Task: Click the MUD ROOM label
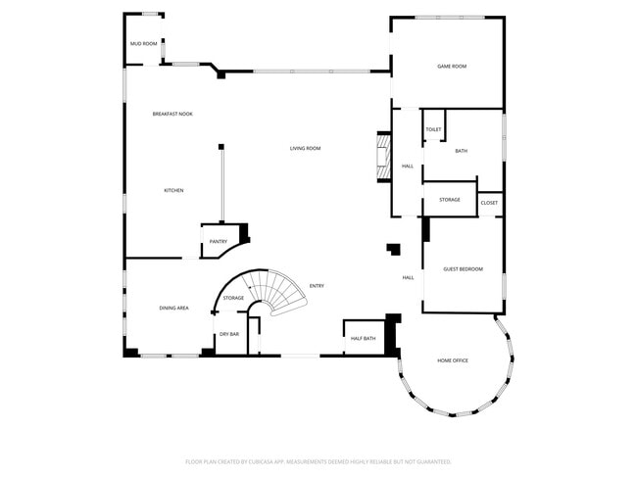coord(144,43)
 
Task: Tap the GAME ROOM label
coord(452,66)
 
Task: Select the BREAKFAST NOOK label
coord(172,115)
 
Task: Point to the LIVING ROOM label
coord(305,149)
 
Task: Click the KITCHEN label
coord(173,190)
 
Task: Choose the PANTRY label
coord(218,241)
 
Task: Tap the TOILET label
coord(433,129)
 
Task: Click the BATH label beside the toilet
coord(461,151)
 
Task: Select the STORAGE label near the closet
coord(450,200)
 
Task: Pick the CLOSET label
coord(489,203)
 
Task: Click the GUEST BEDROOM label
coord(463,269)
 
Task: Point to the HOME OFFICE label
coord(453,360)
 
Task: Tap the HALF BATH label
coord(363,339)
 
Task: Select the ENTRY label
coord(317,286)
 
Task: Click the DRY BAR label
coord(229,335)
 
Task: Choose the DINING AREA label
coord(173,309)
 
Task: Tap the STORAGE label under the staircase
coord(233,298)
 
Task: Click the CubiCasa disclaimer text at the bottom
coord(318,461)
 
